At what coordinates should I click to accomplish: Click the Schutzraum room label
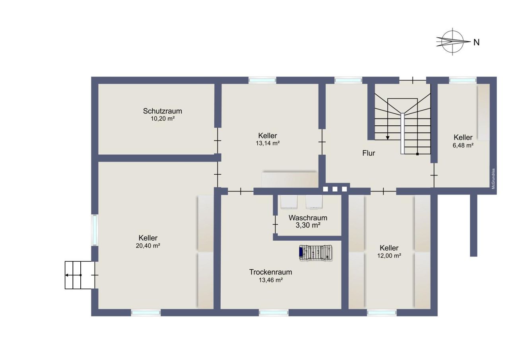163,111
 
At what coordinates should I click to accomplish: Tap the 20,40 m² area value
148,246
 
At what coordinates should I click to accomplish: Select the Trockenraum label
270,272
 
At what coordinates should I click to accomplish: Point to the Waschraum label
308,218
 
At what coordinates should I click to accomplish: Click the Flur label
369,153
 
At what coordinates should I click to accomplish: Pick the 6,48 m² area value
463,145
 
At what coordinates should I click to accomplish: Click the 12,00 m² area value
389,256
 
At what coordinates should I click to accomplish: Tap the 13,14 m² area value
268,143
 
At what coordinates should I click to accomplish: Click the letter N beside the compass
476,42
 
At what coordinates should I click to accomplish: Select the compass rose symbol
453,42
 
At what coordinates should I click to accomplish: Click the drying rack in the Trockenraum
316,253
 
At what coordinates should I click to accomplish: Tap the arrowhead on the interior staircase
388,138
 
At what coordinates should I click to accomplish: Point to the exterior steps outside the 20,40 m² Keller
80,275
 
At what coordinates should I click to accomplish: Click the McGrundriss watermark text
493,179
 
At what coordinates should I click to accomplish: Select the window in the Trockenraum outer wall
274,313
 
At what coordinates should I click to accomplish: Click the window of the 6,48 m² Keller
462,80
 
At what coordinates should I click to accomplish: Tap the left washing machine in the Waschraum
289,202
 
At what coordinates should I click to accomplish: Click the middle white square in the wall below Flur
335,189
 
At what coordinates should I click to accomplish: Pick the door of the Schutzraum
218,141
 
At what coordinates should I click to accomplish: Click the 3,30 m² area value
308,225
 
